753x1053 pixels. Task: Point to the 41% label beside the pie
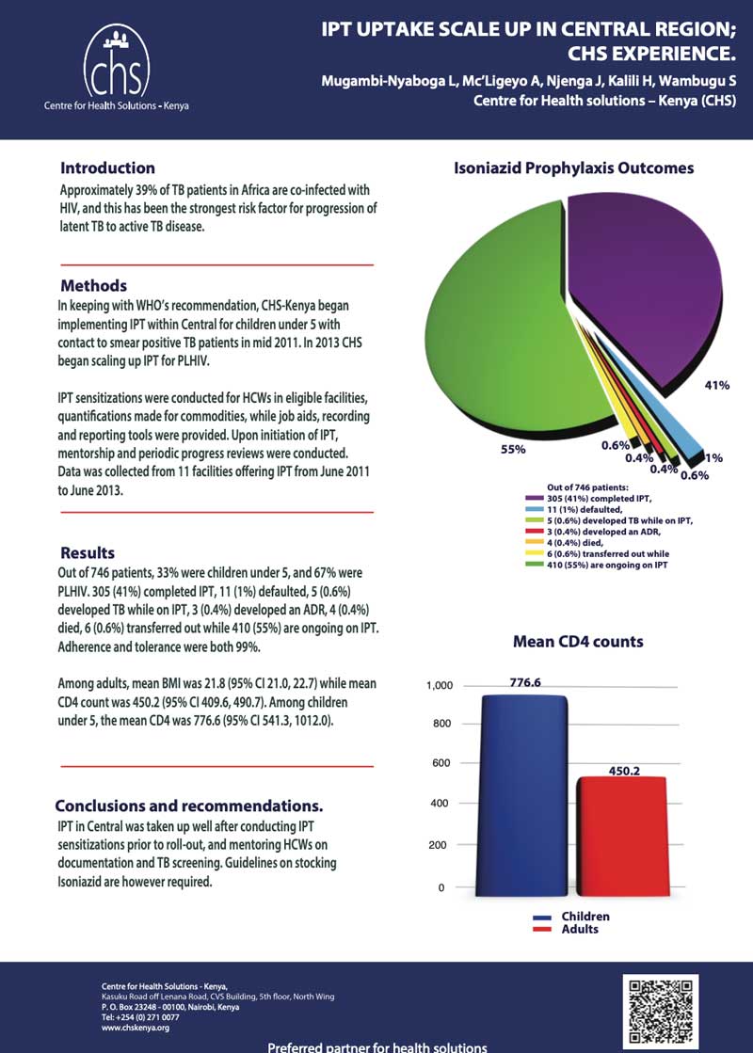(717, 385)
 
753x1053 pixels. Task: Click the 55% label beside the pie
(513, 450)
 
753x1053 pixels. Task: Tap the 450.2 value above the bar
(624, 770)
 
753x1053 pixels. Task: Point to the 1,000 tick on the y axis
(440, 686)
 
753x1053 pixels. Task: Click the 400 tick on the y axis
(441, 804)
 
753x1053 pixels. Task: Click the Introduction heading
(107, 168)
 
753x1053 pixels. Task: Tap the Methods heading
(93, 285)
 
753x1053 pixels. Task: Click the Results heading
(88, 552)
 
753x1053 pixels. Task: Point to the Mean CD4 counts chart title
(578, 642)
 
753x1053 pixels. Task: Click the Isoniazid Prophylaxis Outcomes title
(573, 168)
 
